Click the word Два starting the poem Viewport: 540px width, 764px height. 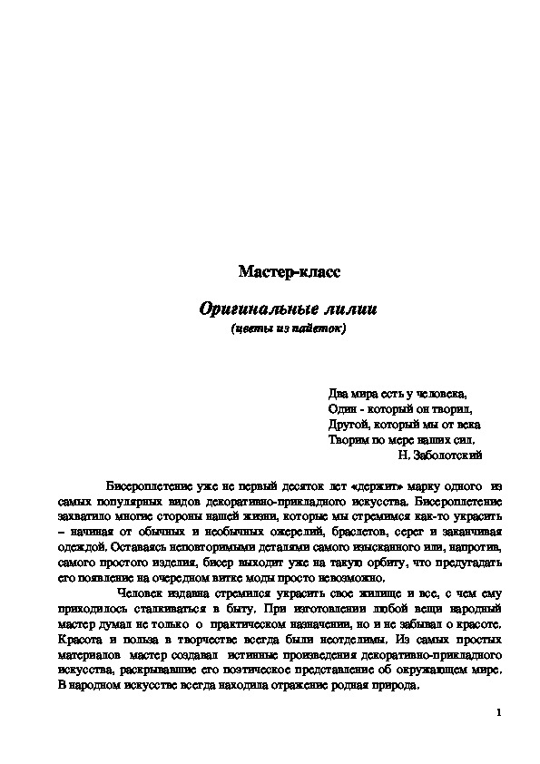338,394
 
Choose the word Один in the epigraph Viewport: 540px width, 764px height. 342,409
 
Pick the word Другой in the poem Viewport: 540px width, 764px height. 348,424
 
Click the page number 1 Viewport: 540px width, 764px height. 499,713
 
